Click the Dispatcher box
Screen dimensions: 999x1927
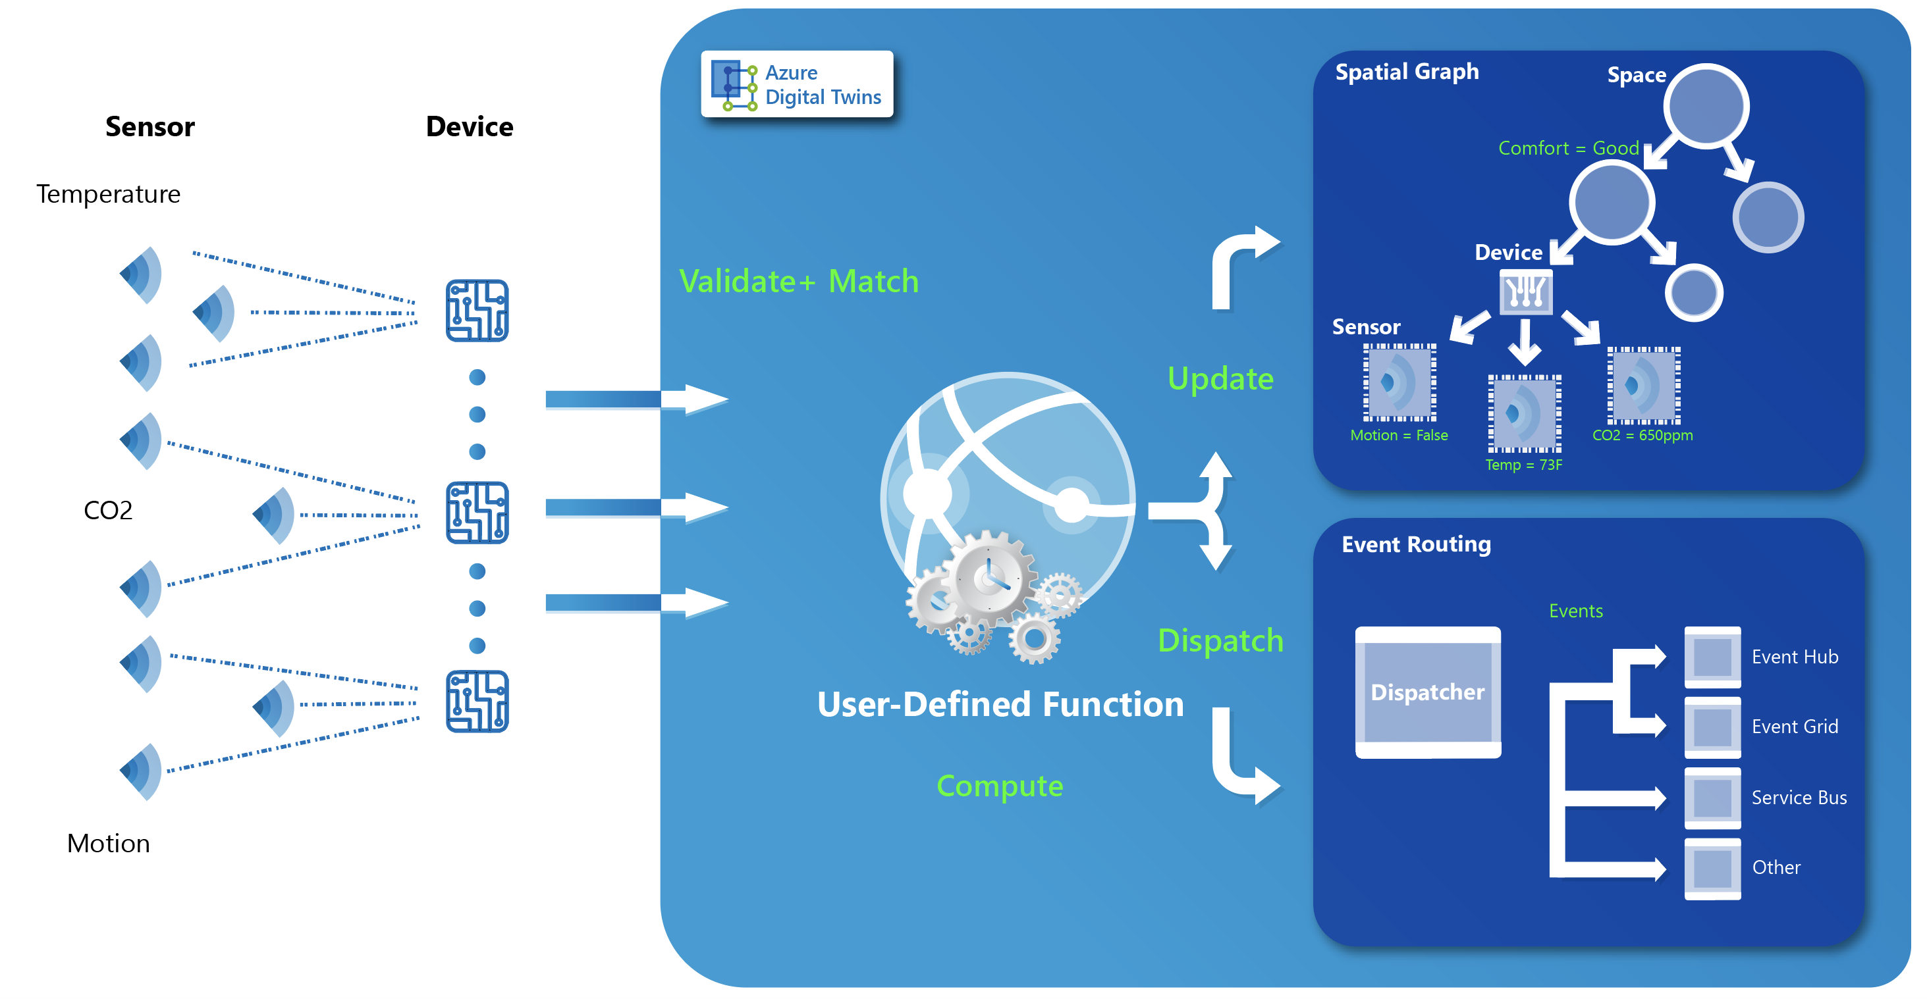click(x=1427, y=692)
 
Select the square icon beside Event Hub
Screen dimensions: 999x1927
click(x=1712, y=657)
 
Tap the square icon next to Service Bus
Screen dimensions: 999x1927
click(x=1712, y=797)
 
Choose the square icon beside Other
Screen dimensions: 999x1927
click(x=1712, y=867)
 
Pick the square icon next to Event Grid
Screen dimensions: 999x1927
click(x=1712, y=726)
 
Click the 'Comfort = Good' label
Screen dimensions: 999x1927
click(x=1568, y=148)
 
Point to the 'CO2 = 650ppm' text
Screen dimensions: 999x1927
click(x=1642, y=435)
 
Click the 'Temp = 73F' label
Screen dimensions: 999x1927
click(x=1523, y=465)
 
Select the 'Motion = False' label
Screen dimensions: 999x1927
click(x=1398, y=435)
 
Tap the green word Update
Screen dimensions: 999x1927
click(x=1220, y=378)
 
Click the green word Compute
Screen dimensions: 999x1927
click(x=1000, y=786)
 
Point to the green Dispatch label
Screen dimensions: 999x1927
click(x=1220, y=641)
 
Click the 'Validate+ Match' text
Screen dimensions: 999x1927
click(x=798, y=282)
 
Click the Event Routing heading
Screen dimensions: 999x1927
click(x=1415, y=544)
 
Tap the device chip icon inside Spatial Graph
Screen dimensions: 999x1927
click(x=1526, y=292)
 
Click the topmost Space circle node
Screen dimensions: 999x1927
click(x=1706, y=105)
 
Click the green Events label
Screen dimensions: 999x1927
click(x=1575, y=611)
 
